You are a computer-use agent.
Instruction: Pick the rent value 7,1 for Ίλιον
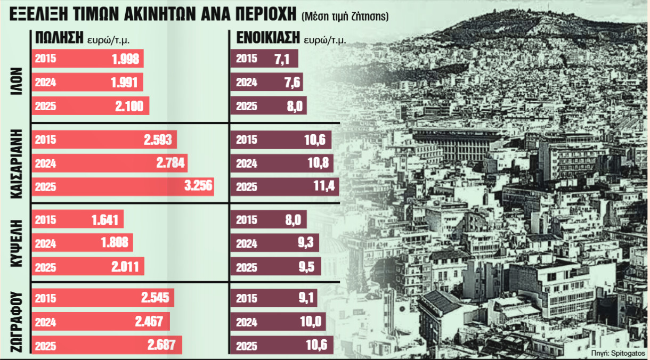282,59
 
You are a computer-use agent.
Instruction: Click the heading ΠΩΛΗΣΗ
59,37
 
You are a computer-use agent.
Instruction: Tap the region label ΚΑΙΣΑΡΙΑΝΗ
15,163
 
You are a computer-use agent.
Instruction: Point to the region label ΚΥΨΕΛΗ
15,243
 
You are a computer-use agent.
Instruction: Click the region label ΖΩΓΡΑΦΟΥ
15,321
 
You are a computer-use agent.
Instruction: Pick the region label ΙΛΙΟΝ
15,83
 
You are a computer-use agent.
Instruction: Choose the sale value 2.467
153,321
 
